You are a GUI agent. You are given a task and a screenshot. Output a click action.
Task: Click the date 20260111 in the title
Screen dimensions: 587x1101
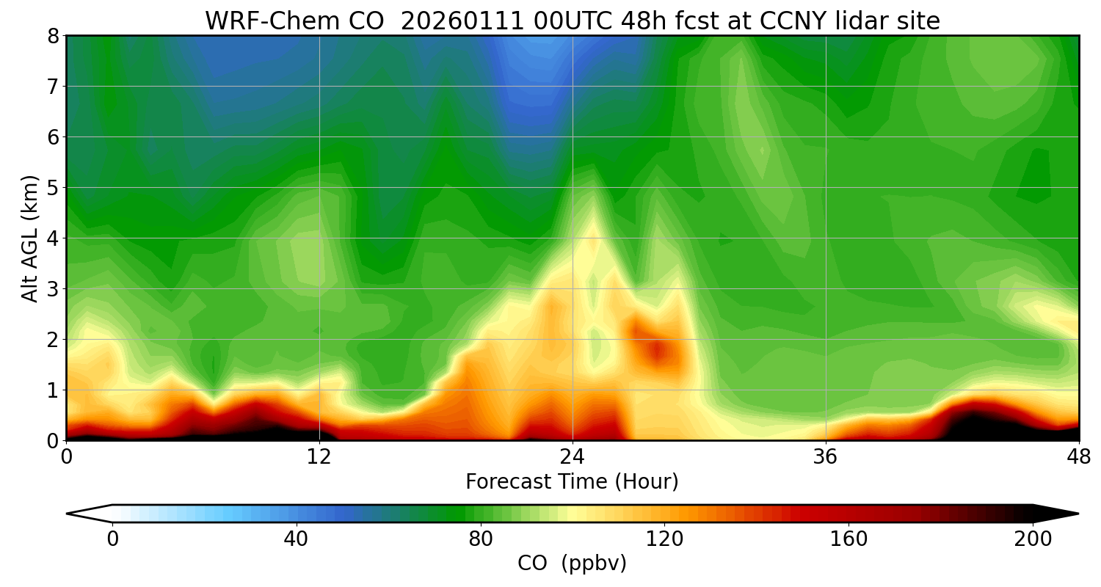(463, 21)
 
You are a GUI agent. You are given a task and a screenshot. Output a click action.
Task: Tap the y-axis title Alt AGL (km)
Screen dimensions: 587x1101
(30, 238)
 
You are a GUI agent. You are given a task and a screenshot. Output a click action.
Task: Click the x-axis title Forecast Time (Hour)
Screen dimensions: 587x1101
(572, 482)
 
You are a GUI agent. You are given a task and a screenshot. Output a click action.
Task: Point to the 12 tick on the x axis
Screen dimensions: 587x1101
(319, 456)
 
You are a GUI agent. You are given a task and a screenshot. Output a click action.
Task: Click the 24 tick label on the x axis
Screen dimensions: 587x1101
(572, 456)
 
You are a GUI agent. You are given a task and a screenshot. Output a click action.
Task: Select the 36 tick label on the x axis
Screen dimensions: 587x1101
(826, 456)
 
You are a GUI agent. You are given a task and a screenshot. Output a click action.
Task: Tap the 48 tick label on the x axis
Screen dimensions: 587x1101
(1078, 456)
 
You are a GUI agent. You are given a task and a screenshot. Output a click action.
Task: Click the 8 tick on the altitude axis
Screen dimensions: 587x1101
(53, 36)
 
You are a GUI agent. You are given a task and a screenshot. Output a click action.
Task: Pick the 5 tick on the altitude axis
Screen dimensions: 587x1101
(53, 188)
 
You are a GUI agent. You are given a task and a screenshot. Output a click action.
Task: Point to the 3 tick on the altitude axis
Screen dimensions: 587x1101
(53, 289)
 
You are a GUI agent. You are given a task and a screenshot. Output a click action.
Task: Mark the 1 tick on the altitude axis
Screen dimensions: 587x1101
(53, 390)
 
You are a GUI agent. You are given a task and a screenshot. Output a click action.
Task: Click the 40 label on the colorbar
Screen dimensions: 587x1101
(296, 539)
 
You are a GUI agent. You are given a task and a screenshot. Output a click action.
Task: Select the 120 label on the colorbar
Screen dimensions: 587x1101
(664, 539)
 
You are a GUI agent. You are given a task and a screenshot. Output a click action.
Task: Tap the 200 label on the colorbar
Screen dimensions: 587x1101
(1033, 539)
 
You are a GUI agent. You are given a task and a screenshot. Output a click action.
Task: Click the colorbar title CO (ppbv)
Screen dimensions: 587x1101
(572, 564)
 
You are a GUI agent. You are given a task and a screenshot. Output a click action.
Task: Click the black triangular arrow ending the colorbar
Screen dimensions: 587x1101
(1057, 514)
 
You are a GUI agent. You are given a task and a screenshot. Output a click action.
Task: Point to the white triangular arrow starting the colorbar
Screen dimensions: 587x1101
(89, 514)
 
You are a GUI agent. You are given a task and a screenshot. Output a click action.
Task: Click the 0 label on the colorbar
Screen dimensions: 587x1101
(112, 539)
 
